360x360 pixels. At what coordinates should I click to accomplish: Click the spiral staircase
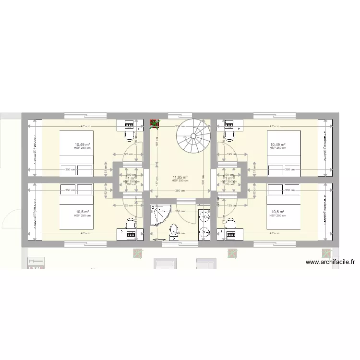tap(193, 136)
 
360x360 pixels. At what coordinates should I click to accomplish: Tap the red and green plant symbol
tap(155, 124)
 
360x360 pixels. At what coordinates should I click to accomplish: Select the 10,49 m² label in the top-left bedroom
tap(83, 144)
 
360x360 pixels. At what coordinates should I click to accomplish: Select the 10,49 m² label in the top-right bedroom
tap(278, 144)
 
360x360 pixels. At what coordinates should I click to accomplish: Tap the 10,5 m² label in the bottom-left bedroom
tap(83, 212)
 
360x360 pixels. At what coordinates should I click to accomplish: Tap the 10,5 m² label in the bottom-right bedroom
tap(278, 212)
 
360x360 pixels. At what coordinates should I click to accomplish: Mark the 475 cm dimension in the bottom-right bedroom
tap(275, 234)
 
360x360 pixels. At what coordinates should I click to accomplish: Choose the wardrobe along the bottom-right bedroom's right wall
tap(325, 211)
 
